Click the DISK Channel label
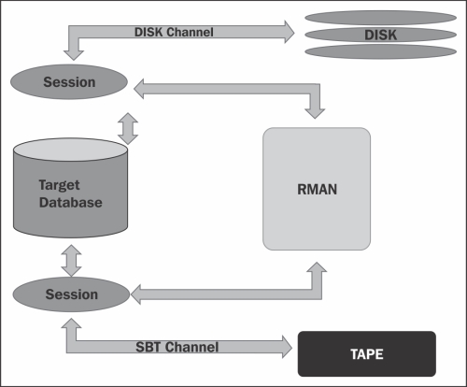[174, 32]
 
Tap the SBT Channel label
[177, 347]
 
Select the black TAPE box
[367, 354]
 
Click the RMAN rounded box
[317, 189]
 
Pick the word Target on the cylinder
[59, 185]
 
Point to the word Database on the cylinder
[71, 203]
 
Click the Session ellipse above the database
[69, 82]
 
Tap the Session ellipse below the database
[71, 294]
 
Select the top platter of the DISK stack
[380, 18]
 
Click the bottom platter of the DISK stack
[380, 51]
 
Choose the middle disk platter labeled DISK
[380, 35]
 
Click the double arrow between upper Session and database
[128, 129]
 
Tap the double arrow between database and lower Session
[71, 261]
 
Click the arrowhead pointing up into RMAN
[317, 267]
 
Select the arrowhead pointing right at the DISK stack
[290, 32]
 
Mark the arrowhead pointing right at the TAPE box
[287, 347]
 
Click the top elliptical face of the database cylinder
[70, 150]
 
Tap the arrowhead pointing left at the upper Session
[139, 89]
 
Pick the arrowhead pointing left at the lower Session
[135, 294]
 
